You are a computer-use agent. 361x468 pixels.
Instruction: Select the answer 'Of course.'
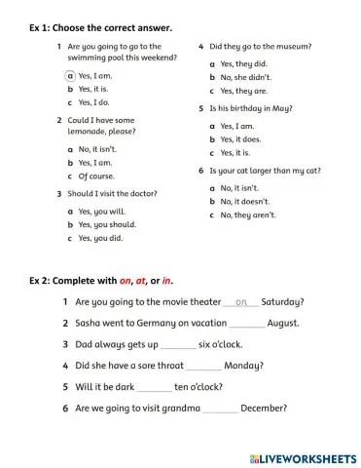[95, 176]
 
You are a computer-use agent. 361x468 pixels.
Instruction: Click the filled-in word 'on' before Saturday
[241, 302]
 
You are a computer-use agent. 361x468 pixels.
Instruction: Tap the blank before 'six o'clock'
[178, 344]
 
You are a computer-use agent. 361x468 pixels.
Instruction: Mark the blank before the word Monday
[203, 366]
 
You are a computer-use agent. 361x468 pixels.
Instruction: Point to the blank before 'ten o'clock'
[155, 387]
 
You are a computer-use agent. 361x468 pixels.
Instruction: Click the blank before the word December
[221, 409]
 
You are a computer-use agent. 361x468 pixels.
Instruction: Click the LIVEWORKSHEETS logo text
[309, 455]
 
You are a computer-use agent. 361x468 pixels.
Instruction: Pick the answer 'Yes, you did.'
[100, 238]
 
